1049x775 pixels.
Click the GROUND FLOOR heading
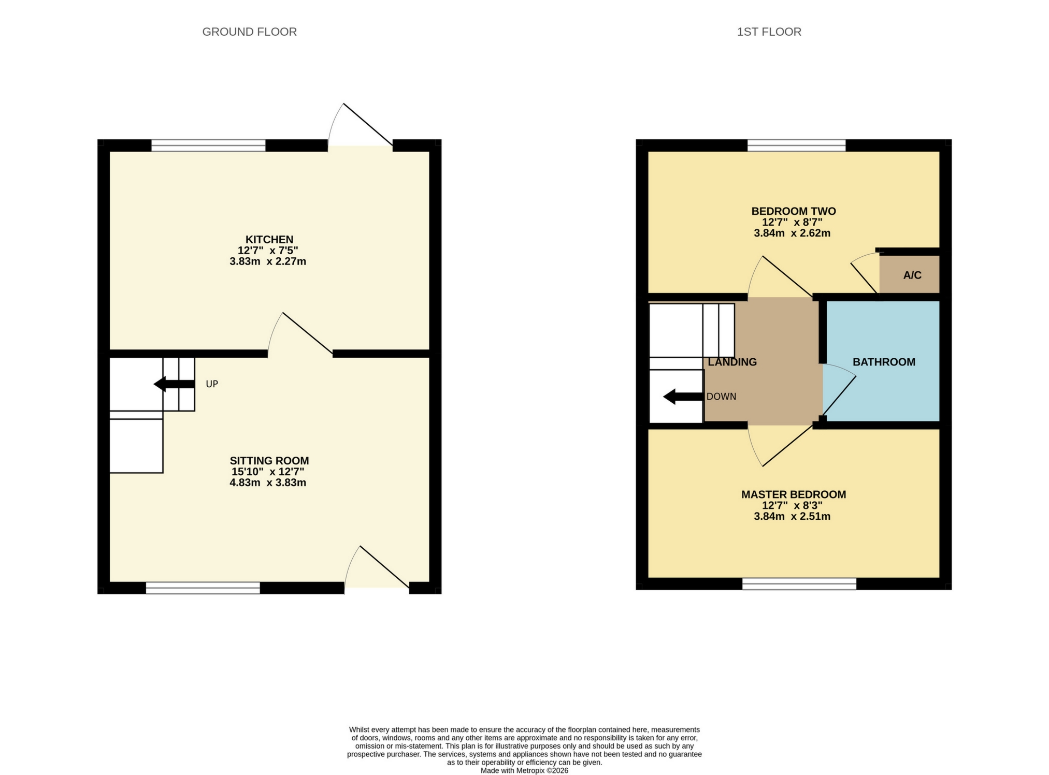point(249,32)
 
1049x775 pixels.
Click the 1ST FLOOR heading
point(769,32)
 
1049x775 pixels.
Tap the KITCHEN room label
point(269,239)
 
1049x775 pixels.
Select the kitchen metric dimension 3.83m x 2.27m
point(268,261)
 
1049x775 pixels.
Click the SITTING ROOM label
point(269,460)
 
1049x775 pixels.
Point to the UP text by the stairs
point(212,384)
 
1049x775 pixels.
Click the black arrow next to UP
point(174,384)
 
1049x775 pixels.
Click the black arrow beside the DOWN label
point(683,397)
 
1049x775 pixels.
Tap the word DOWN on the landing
point(721,397)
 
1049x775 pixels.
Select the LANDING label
point(732,362)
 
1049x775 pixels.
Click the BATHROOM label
point(884,362)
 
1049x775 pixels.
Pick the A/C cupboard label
point(912,275)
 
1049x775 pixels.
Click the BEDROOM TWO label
point(793,211)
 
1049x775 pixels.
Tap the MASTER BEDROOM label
point(793,494)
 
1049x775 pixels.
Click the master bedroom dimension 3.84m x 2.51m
point(792,516)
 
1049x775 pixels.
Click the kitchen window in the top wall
point(208,145)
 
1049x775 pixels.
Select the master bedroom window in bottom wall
point(799,584)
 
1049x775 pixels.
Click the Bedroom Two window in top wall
point(796,145)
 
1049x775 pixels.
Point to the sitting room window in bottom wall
point(203,588)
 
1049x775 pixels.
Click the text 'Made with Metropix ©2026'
point(524,770)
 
